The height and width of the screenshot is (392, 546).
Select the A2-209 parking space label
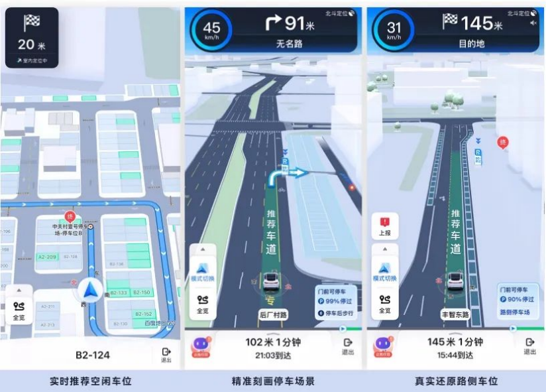[x=47, y=257]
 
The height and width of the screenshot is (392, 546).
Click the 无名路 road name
[x=289, y=43]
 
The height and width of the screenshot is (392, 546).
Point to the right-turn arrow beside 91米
[x=273, y=23]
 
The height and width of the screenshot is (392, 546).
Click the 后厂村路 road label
[x=272, y=315]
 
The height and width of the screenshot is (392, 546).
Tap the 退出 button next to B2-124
[x=166, y=355]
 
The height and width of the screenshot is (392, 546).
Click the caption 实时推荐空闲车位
[x=91, y=381]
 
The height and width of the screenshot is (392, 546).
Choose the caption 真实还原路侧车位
[x=456, y=381]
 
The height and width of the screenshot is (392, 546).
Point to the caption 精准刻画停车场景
[x=273, y=381]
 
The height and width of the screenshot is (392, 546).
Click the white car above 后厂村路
[x=273, y=282]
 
